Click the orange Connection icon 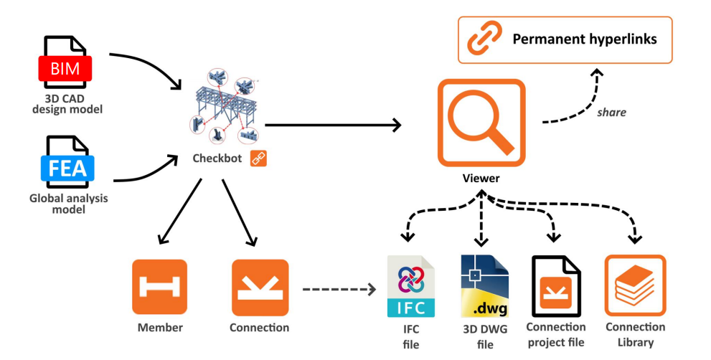coord(259,287)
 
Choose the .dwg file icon coord(484,286)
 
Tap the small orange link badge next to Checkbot coord(258,158)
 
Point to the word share coord(611,113)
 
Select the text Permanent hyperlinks coord(585,39)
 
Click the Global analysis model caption coord(68,204)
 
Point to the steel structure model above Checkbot coord(226,108)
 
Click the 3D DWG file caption coord(485,337)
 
